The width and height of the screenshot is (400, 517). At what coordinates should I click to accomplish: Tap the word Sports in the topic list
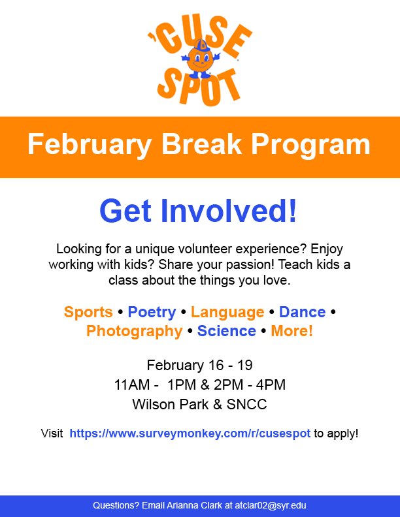(87, 312)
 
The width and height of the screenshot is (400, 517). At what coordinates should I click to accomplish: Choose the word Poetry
(152, 312)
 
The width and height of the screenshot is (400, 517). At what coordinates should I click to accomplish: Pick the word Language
(227, 312)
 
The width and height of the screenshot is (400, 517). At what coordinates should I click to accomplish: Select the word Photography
(134, 331)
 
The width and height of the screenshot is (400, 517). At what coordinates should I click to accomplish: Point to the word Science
(226, 331)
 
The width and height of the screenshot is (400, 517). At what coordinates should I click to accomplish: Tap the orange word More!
(292, 331)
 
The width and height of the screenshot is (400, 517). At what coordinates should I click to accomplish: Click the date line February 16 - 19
(199, 365)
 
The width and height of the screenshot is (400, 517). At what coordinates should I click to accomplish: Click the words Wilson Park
(169, 404)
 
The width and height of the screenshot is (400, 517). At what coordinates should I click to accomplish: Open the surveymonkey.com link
(190, 433)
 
